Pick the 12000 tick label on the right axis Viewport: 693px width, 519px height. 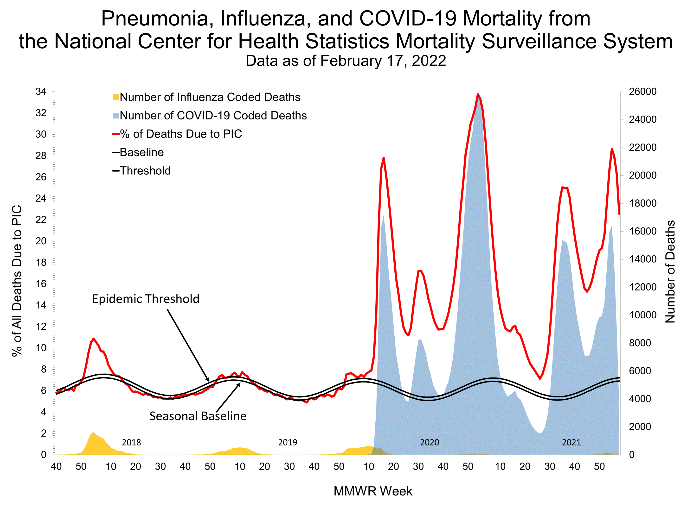tap(642, 287)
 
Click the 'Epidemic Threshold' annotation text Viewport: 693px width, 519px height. tap(146, 299)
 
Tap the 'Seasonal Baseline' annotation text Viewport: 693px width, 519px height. tap(198, 416)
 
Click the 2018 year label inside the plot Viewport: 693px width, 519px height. tap(131, 442)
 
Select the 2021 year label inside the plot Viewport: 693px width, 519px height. tap(571, 442)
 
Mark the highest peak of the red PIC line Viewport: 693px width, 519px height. tap(478, 94)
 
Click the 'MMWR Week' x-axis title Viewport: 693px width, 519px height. tap(373, 491)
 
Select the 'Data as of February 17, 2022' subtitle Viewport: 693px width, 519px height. tap(346, 61)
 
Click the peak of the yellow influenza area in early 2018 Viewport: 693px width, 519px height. tap(93, 433)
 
